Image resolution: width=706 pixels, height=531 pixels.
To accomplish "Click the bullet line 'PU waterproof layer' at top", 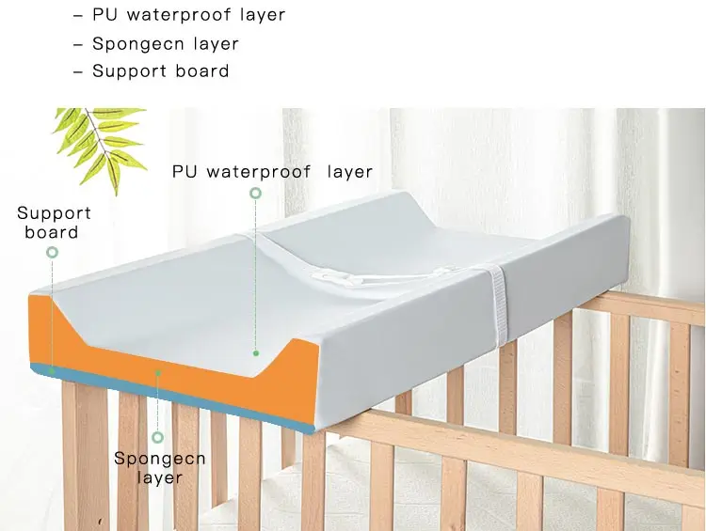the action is (x=179, y=15).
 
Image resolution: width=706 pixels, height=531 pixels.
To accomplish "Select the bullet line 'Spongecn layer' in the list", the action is (x=155, y=44).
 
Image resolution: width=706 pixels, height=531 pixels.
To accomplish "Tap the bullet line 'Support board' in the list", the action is (x=151, y=71).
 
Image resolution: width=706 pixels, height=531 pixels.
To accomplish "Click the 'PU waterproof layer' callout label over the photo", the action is (x=272, y=172).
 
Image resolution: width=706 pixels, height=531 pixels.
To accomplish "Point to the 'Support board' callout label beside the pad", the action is (x=53, y=223).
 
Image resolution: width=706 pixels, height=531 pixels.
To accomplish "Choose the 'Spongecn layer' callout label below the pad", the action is (x=158, y=467).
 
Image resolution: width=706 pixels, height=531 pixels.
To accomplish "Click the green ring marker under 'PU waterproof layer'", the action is (x=255, y=194).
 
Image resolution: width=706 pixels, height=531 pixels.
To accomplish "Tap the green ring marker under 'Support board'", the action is (x=53, y=252).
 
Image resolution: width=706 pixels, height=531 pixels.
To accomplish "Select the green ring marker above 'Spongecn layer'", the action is (x=158, y=437).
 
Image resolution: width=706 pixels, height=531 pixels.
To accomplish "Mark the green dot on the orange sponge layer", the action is (x=159, y=372).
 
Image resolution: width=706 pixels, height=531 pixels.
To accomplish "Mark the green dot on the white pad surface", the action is (x=255, y=353).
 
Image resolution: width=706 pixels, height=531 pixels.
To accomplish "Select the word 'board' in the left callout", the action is (x=52, y=232).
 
